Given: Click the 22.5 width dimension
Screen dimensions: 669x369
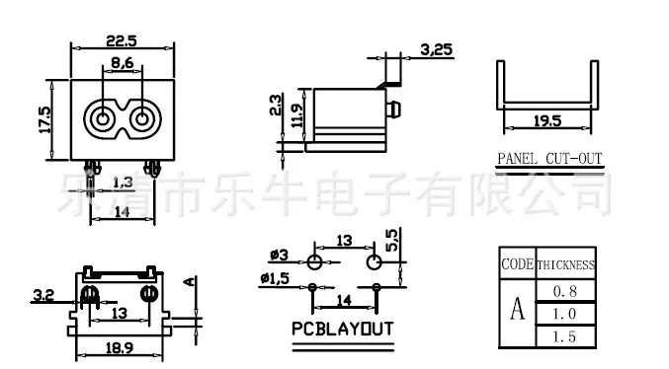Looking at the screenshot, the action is (x=122, y=40).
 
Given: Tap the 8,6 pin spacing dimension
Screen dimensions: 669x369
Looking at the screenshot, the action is (x=122, y=63).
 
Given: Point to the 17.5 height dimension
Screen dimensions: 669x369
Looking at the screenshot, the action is (x=44, y=119).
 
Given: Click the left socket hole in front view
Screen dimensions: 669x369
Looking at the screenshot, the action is (x=103, y=118).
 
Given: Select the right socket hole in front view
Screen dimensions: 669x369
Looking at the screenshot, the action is (x=142, y=118).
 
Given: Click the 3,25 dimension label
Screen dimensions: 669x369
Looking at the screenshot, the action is (x=436, y=50).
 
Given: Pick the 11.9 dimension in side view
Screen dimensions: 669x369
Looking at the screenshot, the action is (x=296, y=115).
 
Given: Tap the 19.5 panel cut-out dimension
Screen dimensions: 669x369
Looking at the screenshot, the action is (x=547, y=121).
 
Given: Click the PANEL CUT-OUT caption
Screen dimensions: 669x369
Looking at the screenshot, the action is (x=549, y=159).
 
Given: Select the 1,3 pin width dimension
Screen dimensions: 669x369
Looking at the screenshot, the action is (x=123, y=183).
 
